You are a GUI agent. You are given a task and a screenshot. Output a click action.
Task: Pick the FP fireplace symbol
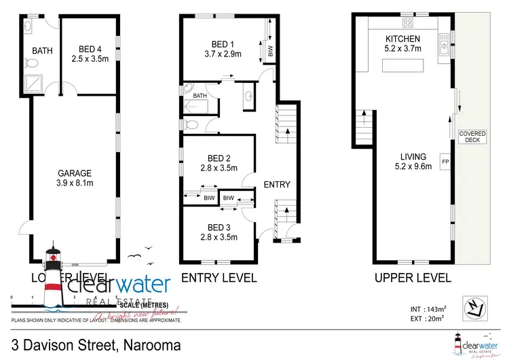pos(445,162)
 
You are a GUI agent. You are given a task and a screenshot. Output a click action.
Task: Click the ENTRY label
pos(276,185)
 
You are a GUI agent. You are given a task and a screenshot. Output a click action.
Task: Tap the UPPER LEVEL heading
pos(413,278)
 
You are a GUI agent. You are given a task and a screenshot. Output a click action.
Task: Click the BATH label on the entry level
pos(200,96)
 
